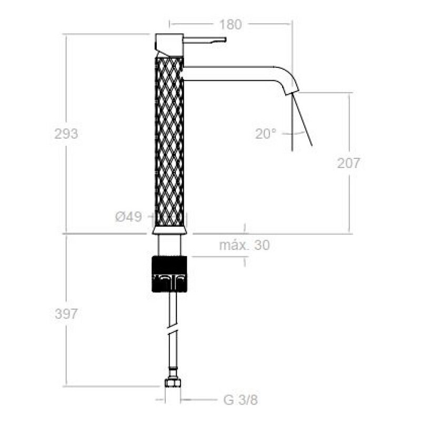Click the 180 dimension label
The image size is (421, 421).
coord(230,24)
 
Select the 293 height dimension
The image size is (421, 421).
coord(66,134)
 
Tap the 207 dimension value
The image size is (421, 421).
coord(348,163)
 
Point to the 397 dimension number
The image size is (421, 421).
coord(66,314)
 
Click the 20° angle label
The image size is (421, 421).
coord(266,134)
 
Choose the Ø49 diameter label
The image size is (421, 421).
coord(128,216)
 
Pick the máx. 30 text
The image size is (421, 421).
coord(244,245)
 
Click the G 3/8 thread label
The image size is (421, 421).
coord(240,400)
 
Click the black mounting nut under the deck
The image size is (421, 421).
coord(169,274)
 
